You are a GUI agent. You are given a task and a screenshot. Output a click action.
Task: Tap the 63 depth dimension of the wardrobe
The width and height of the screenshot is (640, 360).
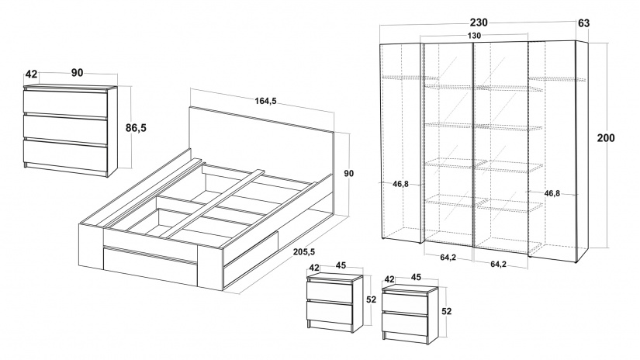(x=584, y=23)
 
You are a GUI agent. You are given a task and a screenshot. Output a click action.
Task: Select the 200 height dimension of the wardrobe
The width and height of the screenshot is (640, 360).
(x=607, y=139)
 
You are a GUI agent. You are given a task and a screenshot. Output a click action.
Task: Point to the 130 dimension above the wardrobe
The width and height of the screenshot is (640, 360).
(x=474, y=36)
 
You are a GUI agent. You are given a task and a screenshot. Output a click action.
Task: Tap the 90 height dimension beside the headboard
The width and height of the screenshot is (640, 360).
(x=348, y=173)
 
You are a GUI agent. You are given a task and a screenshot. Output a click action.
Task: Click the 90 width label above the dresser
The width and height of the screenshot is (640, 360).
(x=77, y=73)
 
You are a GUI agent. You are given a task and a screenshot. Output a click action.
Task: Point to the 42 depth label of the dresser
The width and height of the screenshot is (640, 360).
(x=31, y=74)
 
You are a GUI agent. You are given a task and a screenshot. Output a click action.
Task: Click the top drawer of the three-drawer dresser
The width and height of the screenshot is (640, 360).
(x=68, y=102)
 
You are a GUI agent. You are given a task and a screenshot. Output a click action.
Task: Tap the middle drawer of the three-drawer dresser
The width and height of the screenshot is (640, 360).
(x=68, y=126)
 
